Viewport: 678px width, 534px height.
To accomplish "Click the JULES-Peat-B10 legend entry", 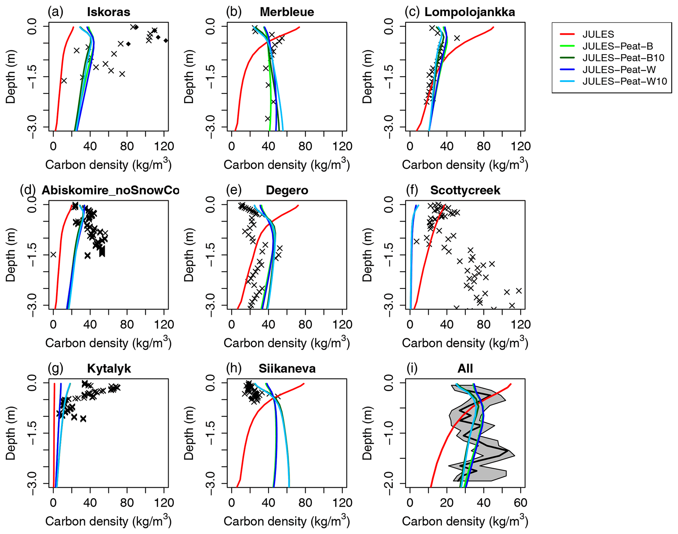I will coord(623,58).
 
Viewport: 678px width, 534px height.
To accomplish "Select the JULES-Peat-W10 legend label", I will coord(624,81).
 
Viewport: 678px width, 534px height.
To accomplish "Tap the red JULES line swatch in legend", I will coord(567,34).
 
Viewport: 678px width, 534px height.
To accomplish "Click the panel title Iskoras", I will coord(109,12).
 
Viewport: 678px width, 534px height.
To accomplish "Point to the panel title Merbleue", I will coord(287,12).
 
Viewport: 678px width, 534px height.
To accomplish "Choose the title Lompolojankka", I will coord(469,12).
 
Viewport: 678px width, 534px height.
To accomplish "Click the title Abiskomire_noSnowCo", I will coord(111,190).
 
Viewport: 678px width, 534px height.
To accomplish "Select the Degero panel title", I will coord(287,190).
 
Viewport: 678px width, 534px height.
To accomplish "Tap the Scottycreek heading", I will coord(465,190).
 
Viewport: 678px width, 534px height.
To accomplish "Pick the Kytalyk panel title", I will coord(109,368).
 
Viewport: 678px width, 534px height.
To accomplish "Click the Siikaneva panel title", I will coord(287,368).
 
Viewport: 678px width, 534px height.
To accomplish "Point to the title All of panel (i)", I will coord(465,368).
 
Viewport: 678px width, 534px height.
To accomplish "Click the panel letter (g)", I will coord(55,368).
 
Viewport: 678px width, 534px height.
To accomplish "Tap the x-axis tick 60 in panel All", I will coord(520,503).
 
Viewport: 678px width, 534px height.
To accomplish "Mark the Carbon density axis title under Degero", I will coord(287,343).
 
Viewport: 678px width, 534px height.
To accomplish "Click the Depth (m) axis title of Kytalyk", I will coord(11,433).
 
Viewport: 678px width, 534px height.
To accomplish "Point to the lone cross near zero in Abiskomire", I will coord(53,255).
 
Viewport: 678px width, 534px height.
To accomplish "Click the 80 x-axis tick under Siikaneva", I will coord(305,503).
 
